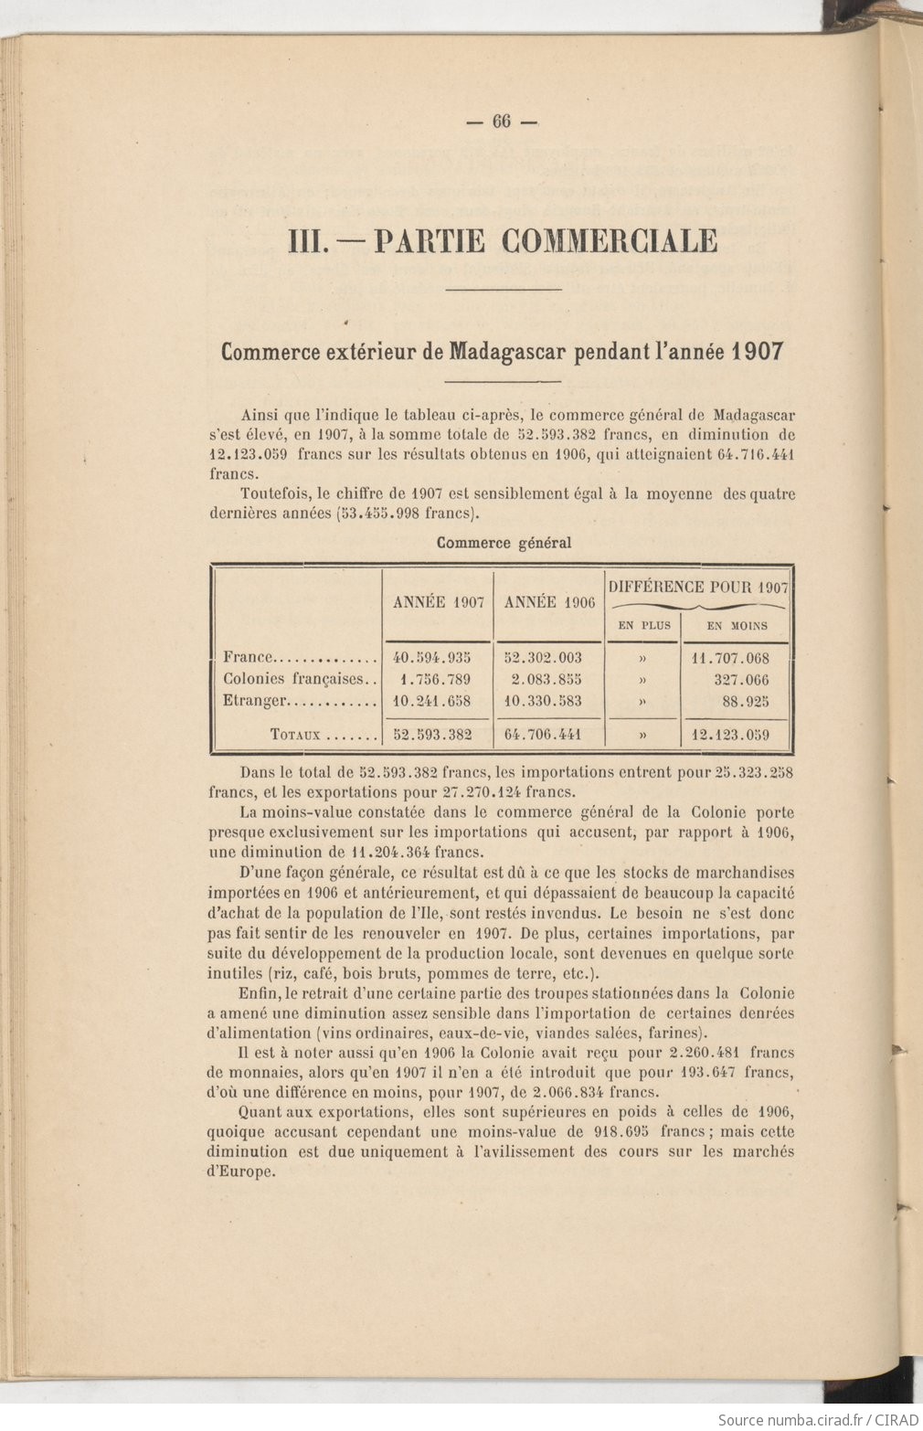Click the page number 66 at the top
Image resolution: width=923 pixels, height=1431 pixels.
click(x=502, y=122)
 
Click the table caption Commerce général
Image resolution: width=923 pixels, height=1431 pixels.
click(x=504, y=543)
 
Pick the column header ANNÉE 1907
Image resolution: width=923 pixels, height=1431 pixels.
click(x=438, y=602)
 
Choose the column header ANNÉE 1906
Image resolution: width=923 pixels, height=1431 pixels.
click(x=549, y=602)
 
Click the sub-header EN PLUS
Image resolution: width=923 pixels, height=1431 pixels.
click(x=644, y=626)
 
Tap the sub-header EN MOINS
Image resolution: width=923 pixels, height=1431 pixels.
click(x=737, y=626)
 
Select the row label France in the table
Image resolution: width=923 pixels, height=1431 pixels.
click(x=249, y=657)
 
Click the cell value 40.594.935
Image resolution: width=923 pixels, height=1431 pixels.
click(x=431, y=657)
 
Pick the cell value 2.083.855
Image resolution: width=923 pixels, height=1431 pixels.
click(x=546, y=680)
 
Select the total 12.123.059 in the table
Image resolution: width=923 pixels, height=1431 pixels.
click(x=732, y=734)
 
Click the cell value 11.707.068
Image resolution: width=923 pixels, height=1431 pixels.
click(x=732, y=657)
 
